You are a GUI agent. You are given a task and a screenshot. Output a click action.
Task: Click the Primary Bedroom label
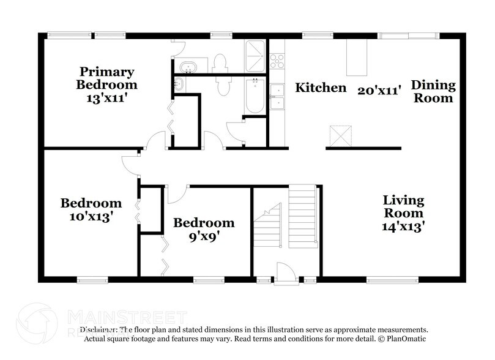(107, 78)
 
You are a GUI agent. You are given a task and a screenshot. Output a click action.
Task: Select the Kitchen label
(321, 88)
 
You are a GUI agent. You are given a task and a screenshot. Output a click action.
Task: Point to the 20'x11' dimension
(379, 90)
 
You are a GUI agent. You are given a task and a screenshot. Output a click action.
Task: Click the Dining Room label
(433, 91)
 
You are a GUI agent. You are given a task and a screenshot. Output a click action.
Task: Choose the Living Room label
(403, 206)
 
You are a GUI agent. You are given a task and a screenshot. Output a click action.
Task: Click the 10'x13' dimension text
(91, 216)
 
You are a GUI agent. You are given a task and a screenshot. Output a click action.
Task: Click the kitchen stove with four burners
(277, 61)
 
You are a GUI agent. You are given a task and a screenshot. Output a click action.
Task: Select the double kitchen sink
(277, 97)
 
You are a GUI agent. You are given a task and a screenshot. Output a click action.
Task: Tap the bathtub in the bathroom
(254, 96)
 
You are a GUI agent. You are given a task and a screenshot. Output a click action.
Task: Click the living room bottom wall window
(388, 280)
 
